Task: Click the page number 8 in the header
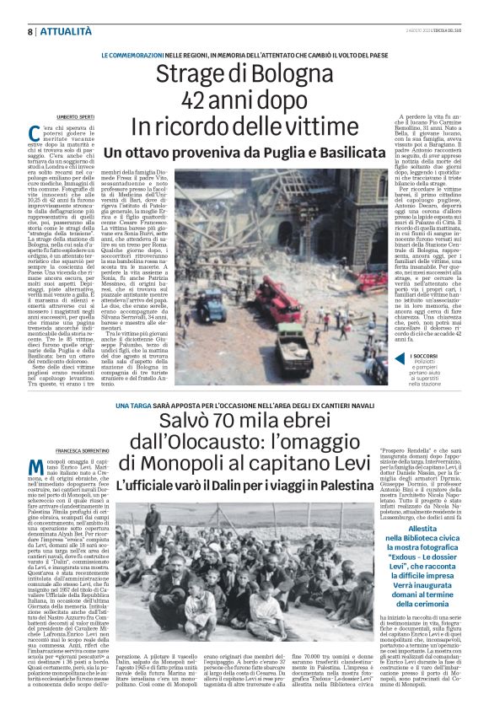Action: point(30,31)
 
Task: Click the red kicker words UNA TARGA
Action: point(123,405)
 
